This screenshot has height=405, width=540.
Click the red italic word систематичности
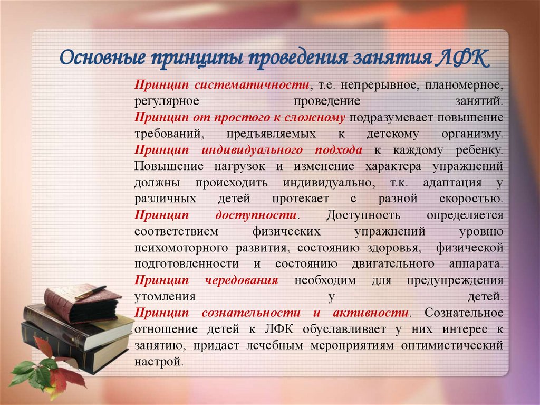pos(250,85)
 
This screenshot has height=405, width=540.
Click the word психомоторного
pos(180,248)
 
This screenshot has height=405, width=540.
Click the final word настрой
pos(159,362)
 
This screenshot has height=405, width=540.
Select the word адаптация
pos(452,183)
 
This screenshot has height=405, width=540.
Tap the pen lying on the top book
pos(90,293)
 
